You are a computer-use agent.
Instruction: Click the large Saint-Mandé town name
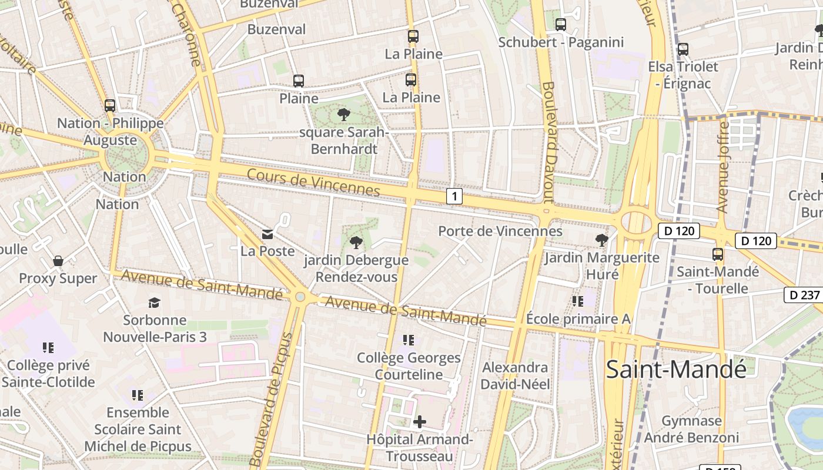coord(676,369)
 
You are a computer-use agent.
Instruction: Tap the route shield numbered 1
coord(454,196)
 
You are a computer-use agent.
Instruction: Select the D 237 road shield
coord(803,295)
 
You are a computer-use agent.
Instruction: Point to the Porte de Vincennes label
coord(500,231)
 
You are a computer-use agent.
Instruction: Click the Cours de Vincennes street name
coord(313,182)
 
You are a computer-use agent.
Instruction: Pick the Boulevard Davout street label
coord(549,142)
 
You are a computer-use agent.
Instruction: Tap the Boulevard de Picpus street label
coord(272,399)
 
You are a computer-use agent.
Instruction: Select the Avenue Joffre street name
coord(723,167)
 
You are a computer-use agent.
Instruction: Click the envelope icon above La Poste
coord(267,235)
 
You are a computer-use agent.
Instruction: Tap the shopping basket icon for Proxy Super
coord(58,261)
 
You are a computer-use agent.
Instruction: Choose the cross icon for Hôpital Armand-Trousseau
coord(420,421)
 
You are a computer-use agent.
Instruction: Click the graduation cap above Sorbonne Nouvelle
coord(154,303)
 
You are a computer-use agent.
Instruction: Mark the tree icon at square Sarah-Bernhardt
coord(344,115)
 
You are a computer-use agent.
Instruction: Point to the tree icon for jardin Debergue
coord(356,242)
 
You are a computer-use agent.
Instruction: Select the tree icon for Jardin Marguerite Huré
coord(601,240)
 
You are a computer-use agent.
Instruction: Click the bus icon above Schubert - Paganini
coord(561,25)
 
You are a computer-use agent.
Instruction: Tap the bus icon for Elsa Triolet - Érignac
coord(683,49)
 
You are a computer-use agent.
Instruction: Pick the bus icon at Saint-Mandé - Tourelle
coord(718,254)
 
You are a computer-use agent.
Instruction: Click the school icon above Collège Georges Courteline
coord(409,340)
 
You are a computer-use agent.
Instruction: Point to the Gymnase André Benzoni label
coord(691,429)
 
